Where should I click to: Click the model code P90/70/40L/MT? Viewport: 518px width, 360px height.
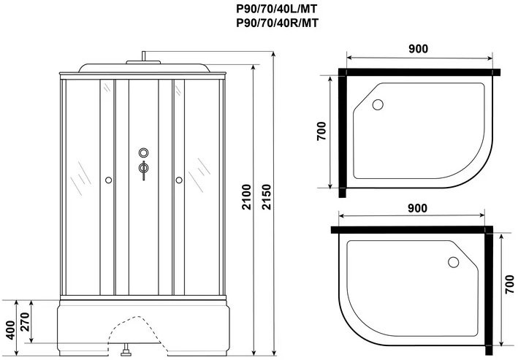pos(277,8)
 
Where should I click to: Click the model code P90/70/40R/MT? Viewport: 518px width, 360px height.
pos(278,23)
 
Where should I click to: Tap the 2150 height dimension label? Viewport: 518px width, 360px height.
pos(266,197)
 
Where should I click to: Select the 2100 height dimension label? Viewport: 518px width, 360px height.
pos(246,197)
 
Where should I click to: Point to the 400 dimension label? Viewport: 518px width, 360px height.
pos(10,329)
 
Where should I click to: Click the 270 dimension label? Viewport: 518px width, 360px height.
pos(25,322)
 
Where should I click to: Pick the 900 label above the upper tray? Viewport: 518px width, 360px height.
pos(418,48)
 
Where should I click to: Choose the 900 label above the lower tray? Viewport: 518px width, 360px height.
pos(417,208)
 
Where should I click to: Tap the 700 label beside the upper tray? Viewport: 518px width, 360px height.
pos(321,131)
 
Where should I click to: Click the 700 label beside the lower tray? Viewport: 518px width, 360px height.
pos(509,284)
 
